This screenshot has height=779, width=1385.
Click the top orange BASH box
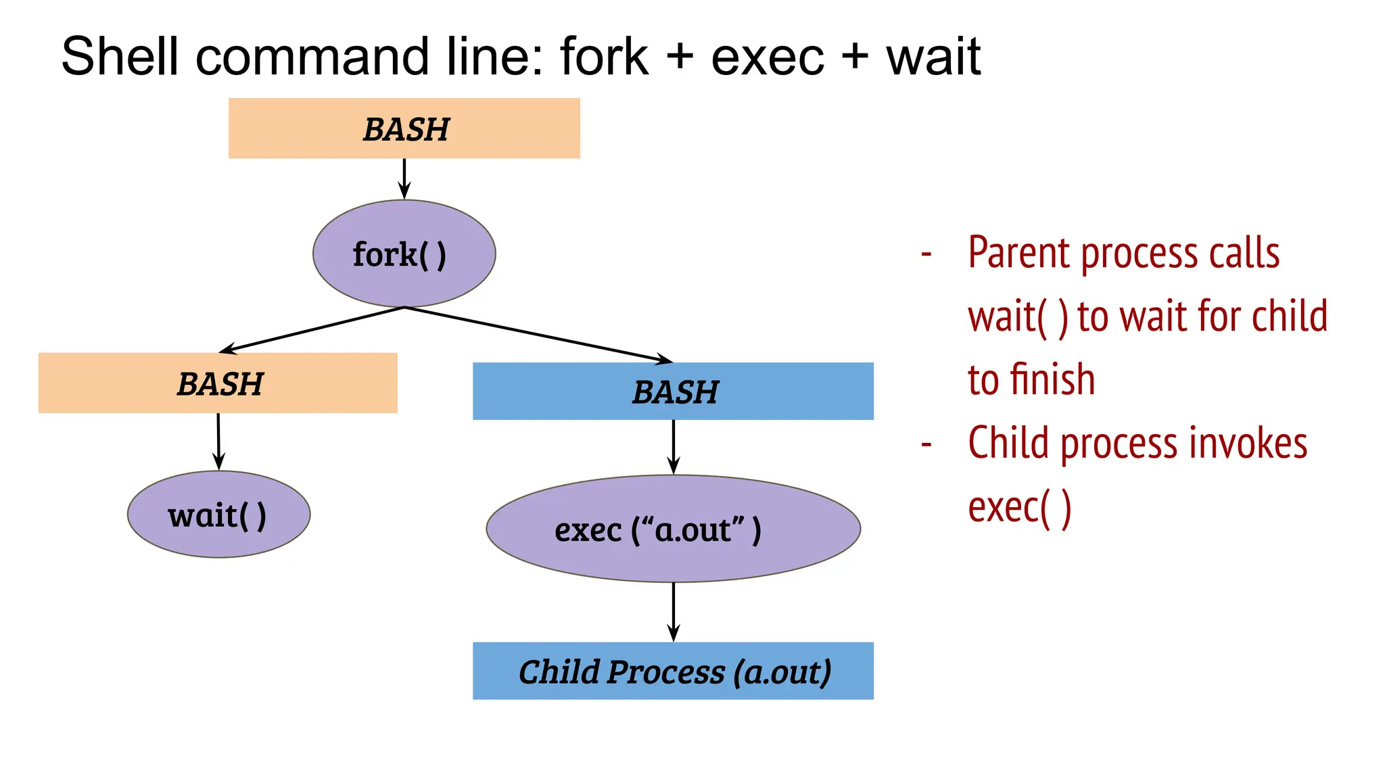click(404, 128)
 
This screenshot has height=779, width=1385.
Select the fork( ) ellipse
click(404, 254)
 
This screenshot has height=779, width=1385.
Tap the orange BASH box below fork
click(218, 383)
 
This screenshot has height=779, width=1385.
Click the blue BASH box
click(673, 392)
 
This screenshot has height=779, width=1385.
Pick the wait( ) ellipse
click(218, 515)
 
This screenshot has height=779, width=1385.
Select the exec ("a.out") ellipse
click(673, 529)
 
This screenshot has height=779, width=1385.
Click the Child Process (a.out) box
click(673, 671)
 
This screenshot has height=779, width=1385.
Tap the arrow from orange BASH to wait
click(218, 441)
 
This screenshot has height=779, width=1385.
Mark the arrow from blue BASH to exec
click(673, 446)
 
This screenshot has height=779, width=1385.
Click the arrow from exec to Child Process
click(673, 611)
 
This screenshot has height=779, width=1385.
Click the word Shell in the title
click(118, 56)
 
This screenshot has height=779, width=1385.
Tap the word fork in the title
click(603, 56)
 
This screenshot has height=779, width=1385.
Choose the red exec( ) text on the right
click(1019, 508)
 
